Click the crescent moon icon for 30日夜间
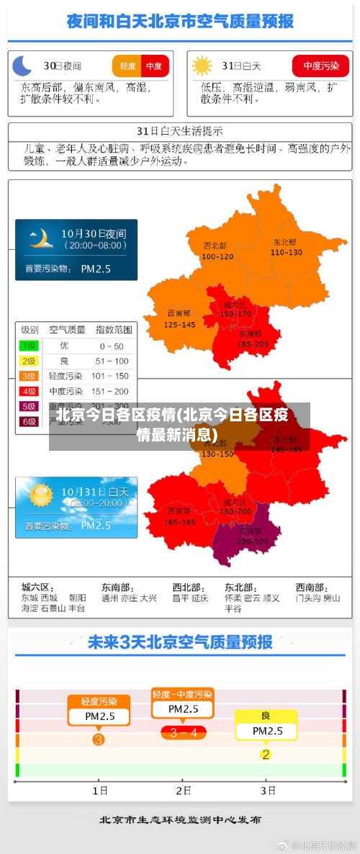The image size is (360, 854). pyautogui.click(x=23, y=66)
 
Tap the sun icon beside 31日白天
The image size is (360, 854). pyautogui.click(x=202, y=66)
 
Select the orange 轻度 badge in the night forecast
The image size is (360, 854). pyautogui.click(x=127, y=66)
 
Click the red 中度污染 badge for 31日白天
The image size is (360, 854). pyautogui.click(x=320, y=66)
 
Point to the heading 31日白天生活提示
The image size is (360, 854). pyautogui.click(x=179, y=131)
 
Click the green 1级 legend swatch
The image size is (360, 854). pyautogui.click(x=29, y=346)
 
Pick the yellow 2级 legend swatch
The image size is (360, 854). pyautogui.click(x=29, y=361)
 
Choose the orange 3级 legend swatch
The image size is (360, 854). pyautogui.click(x=29, y=376)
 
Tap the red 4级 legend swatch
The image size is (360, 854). pyautogui.click(x=29, y=391)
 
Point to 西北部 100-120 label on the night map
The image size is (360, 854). pyautogui.click(x=217, y=251)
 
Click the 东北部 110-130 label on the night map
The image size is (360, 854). pyautogui.click(x=286, y=247)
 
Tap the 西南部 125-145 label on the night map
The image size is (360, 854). pyautogui.click(x=179, y=319)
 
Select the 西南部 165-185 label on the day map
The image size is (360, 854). pyautogui.click(x=179, y=516)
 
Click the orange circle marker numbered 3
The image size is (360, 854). pyautogui.click(x=99, y=739)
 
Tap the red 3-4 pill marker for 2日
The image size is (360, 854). pyautogui.click(x=183, y=733)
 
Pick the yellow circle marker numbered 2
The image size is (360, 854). pyautogui.click(x=266, y=754)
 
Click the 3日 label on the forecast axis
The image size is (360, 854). pyautogui.click(x=268, y=790)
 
